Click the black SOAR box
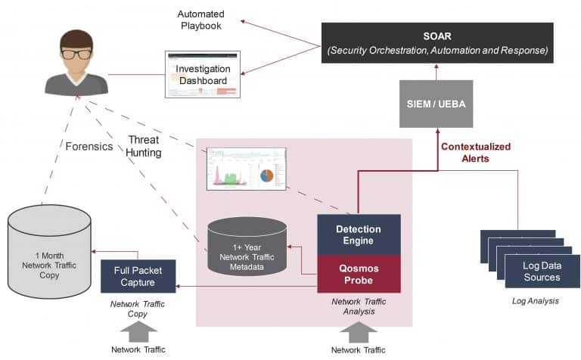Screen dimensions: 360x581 coord(437,42)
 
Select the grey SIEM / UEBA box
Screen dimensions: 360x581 coord(435,104)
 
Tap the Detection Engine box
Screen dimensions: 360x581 coord(359,234)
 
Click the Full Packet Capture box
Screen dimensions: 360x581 coord(138,276)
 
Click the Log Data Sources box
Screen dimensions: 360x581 coord(542,272)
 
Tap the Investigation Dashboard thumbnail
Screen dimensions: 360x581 coord(202,74)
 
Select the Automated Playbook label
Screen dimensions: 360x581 coord(200,20)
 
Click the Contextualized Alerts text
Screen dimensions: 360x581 coord(476,153)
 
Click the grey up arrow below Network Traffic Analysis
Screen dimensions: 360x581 coord(358,331)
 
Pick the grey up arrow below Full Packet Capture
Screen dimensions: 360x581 coord(138,331)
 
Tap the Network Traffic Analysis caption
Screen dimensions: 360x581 coord(359,306)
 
